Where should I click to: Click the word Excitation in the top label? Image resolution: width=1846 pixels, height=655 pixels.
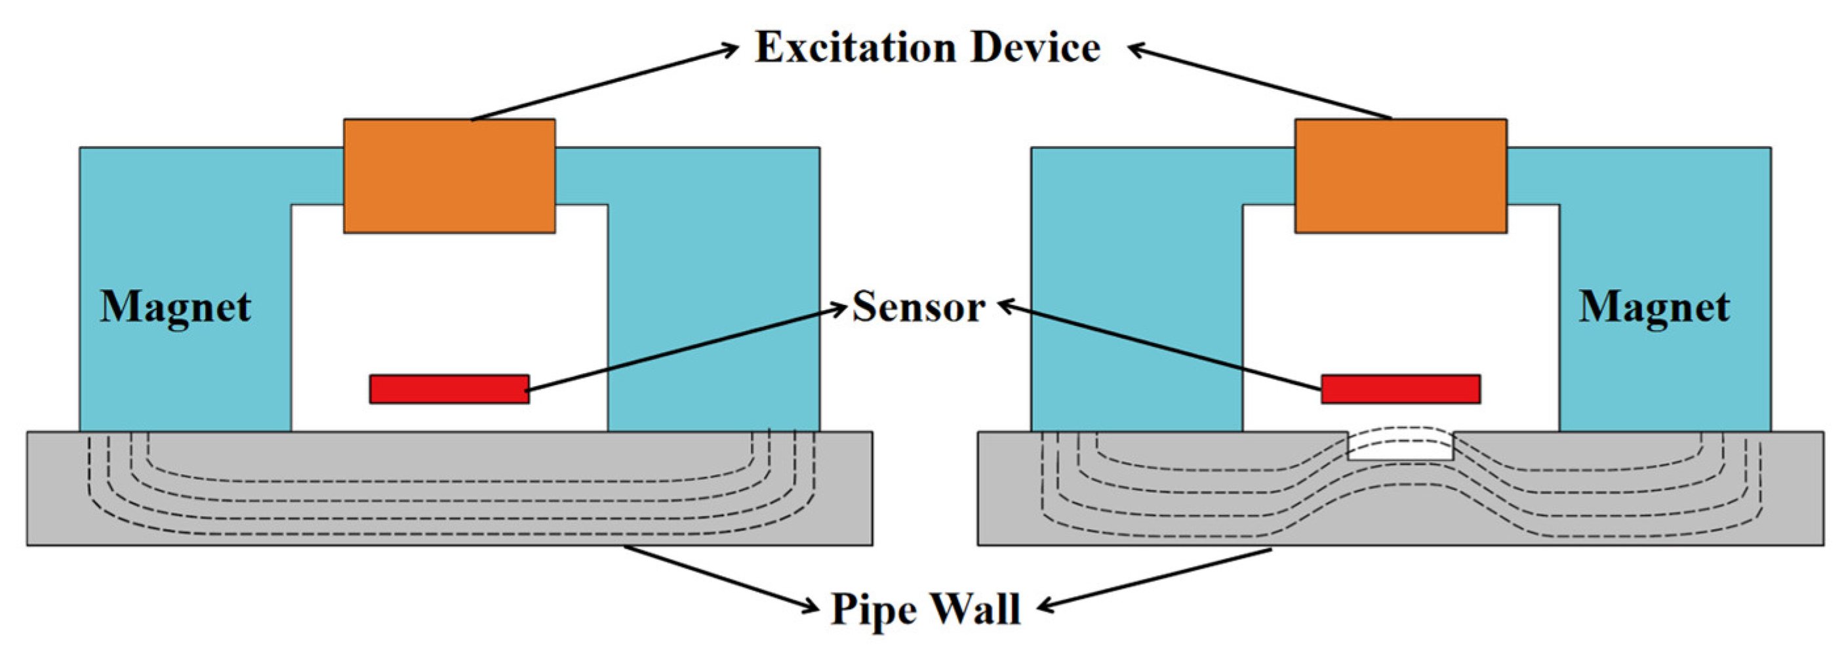click(855, 48)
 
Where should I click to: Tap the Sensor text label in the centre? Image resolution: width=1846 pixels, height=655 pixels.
click(918, 308)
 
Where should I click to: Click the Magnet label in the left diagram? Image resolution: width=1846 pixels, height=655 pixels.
click(176, 308)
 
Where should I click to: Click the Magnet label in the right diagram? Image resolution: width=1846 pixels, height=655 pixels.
click(1654, 308)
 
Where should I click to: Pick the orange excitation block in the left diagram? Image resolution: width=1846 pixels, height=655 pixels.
click(449, 176)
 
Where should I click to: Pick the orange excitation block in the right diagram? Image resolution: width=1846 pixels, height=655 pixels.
click(1400, 176)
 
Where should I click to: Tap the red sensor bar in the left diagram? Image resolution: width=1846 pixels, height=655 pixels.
click(449, 389)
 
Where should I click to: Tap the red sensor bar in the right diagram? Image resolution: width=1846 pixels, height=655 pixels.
click(1400, 389)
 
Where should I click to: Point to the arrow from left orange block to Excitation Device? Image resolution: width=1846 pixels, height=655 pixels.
click(604, 83)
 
